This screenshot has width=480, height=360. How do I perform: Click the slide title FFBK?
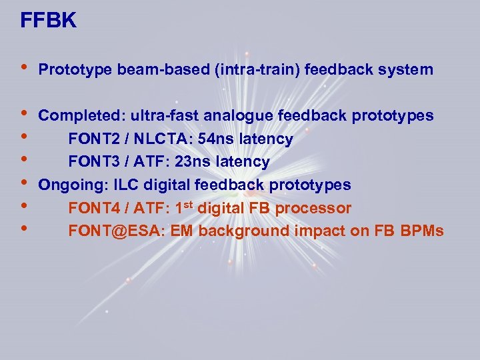pos(49,21)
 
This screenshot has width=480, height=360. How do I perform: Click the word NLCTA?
pos(153,139)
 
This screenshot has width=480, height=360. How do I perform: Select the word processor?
pos(313,208)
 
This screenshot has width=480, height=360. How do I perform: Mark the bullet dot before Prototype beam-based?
pos(24,68)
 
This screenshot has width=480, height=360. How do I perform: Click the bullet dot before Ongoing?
pos(24,183)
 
